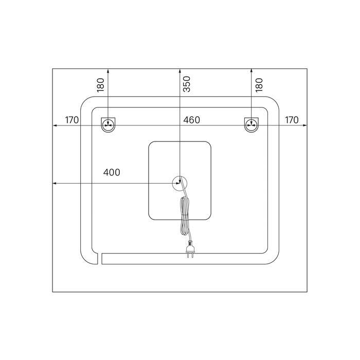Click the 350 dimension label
(x=187, y=84)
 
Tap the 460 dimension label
(x=191, y=120)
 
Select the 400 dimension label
(x=112, y=172)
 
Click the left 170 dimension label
(x=72, y=120)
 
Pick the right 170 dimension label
(x=292, y=120)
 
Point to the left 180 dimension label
(x=101, y=85)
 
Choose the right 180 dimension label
(x=259, y=85)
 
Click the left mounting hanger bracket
(x=108, y=125)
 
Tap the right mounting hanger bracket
(x=251, y=125)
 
